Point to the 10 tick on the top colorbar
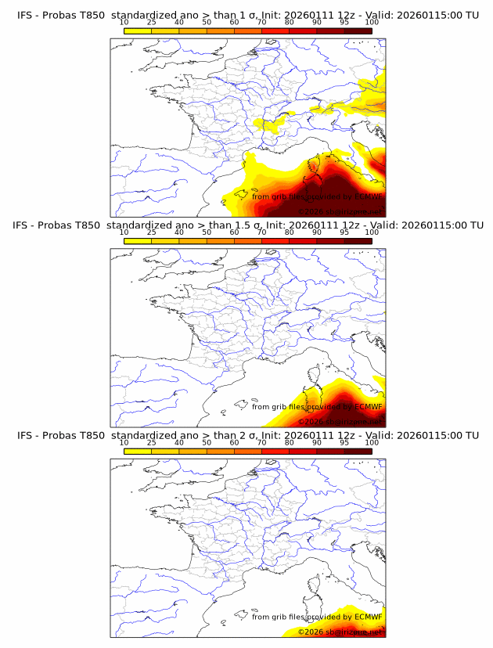point(124,22)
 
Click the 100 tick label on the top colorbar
point(372,22)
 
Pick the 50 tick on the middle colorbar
point(207,232)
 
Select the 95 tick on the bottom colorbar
point(344,442)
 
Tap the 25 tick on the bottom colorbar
point(151,442)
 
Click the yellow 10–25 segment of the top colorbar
point(138,30)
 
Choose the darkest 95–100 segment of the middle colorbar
point(358,240)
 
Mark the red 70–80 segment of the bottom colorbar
point(275,451)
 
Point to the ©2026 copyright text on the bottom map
point(312,632)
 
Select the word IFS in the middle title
point(24,225)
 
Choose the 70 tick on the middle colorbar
point(261,232)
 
